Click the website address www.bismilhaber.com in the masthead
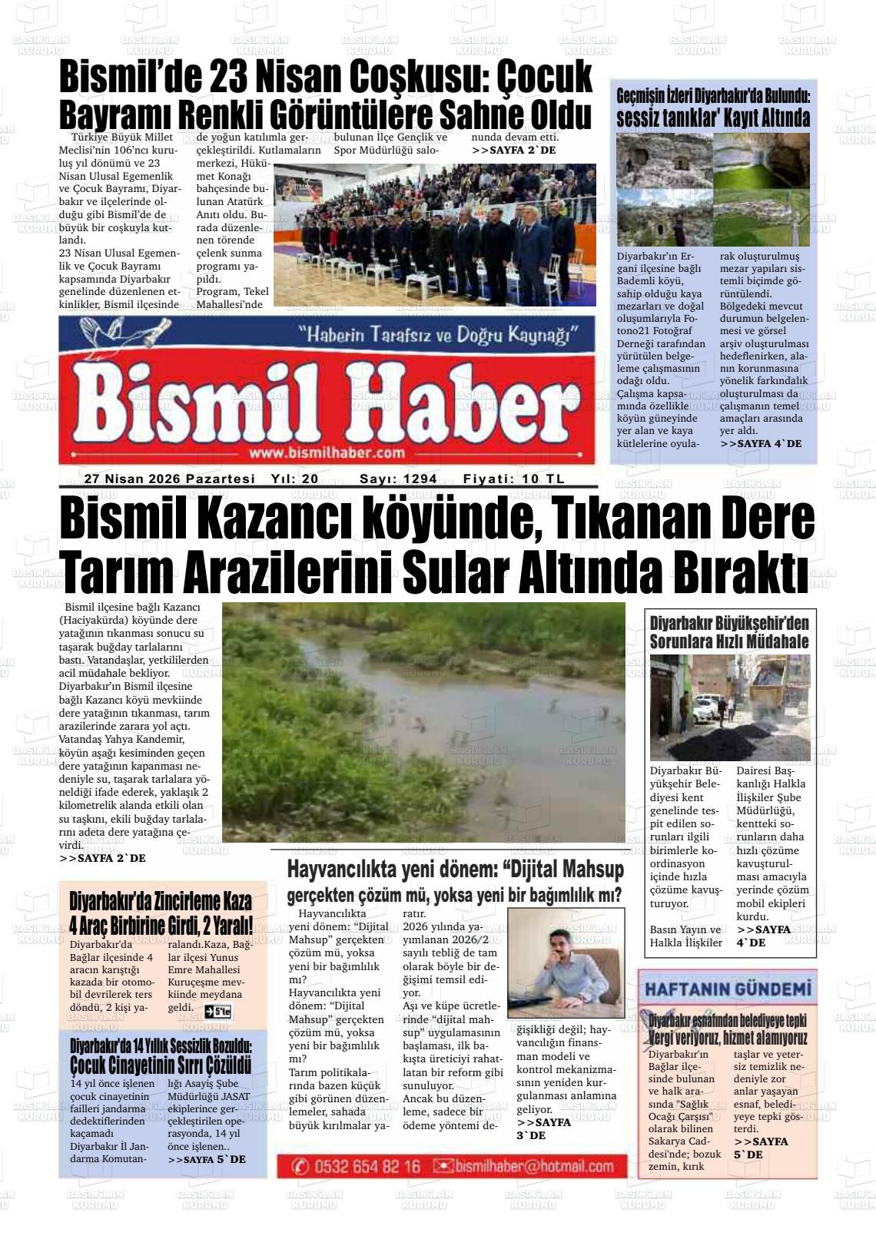[x=327, y=452]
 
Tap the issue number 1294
[x=420, y=479]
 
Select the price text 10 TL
[x=543, y=479]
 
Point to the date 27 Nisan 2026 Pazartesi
[x=169, y=479]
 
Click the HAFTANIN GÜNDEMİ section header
[x=728, y=989]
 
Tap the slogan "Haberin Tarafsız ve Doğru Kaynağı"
[x=440, y=335]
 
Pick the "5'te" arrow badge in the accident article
[x=217, y=1010]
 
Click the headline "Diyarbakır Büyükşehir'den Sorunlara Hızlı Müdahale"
[x=728, y=632]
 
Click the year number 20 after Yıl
[x=310, y=479]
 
